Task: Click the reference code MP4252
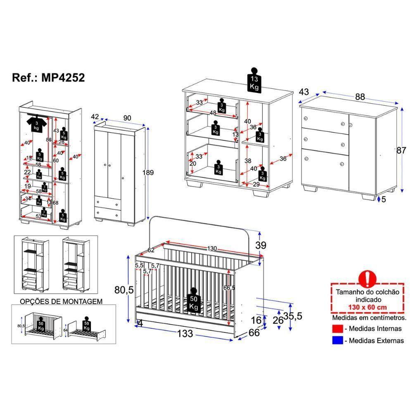63,78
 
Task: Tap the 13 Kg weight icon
254,81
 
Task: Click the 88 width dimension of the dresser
360,97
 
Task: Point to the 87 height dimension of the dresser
401,150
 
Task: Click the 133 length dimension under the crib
185,334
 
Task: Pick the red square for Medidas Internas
337,329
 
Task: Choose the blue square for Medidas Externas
337,341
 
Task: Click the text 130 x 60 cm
367,308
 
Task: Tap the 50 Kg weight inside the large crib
194,303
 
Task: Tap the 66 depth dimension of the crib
254,333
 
